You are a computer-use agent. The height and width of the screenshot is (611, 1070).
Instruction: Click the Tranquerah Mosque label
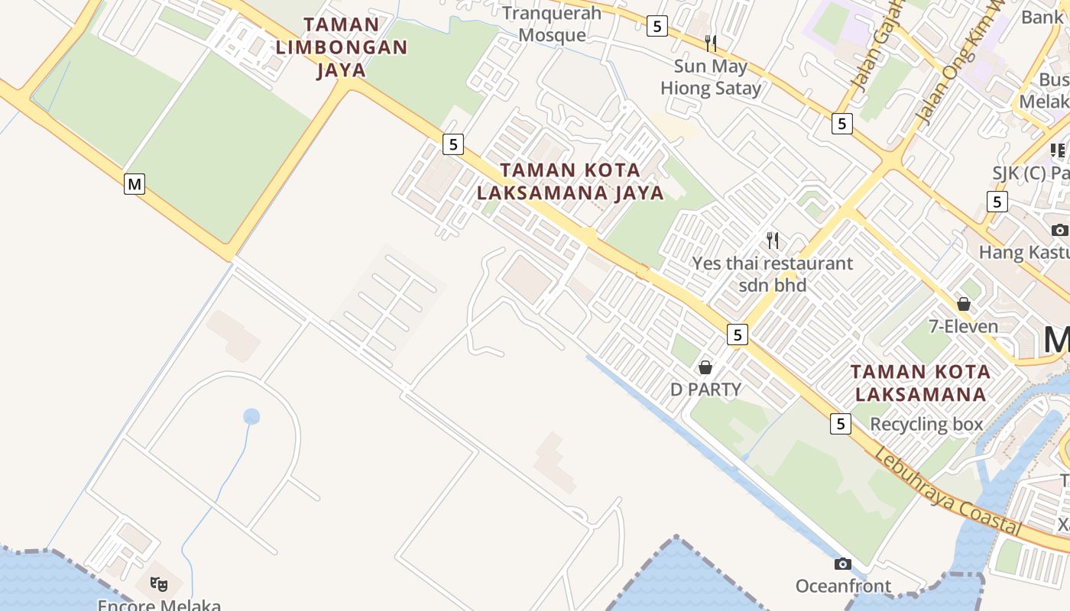point(552,24)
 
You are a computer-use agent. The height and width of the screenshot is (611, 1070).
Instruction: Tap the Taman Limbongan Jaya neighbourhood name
point(341,47)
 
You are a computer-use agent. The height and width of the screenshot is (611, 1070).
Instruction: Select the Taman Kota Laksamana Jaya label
point(570,181)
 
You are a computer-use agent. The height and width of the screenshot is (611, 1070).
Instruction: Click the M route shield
point(135,184)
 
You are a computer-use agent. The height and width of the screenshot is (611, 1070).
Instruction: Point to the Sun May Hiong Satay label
point(711,77)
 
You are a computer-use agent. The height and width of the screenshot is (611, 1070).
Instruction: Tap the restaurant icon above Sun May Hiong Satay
point(711,43)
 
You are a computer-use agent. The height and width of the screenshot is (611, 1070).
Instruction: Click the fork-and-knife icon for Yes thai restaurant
point(773,241)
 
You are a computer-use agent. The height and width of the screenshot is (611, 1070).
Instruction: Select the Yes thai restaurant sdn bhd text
point(773,274)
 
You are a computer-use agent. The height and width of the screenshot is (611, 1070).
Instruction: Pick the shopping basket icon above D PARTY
point(705,367)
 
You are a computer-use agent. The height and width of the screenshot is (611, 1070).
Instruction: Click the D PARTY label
point(705,390)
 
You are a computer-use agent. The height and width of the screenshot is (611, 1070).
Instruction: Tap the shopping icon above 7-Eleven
point(964,304)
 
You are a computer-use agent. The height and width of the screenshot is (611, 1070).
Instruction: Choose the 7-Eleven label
point(963,327)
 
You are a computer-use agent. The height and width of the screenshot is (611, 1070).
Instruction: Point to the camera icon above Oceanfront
point(843,564)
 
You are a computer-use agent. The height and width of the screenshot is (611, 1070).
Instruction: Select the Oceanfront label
point(843,587)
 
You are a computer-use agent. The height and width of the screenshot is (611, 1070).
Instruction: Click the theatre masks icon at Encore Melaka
point(159,584)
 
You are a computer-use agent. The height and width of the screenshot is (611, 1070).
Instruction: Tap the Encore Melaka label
point(159,605)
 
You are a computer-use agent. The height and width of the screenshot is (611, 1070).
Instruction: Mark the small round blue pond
point(251,416)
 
